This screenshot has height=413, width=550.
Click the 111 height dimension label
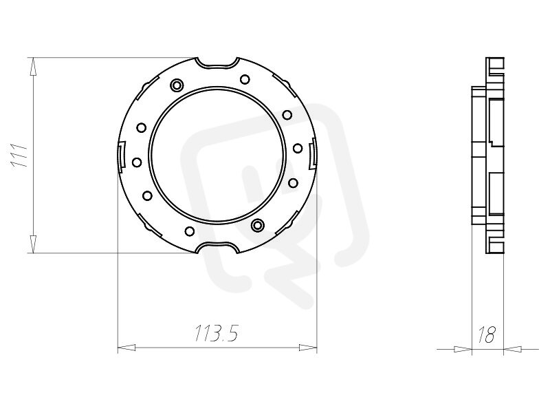(19, 156)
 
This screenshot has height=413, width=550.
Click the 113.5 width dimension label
(217, 333)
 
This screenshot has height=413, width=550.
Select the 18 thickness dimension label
(487, 335)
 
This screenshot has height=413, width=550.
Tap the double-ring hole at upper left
(177, 85)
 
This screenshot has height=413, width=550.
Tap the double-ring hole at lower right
(257, 224)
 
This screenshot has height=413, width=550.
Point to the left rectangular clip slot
(122, 155)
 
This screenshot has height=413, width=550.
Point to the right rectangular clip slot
(312, 155)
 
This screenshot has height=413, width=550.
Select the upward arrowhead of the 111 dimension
(33, 67)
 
